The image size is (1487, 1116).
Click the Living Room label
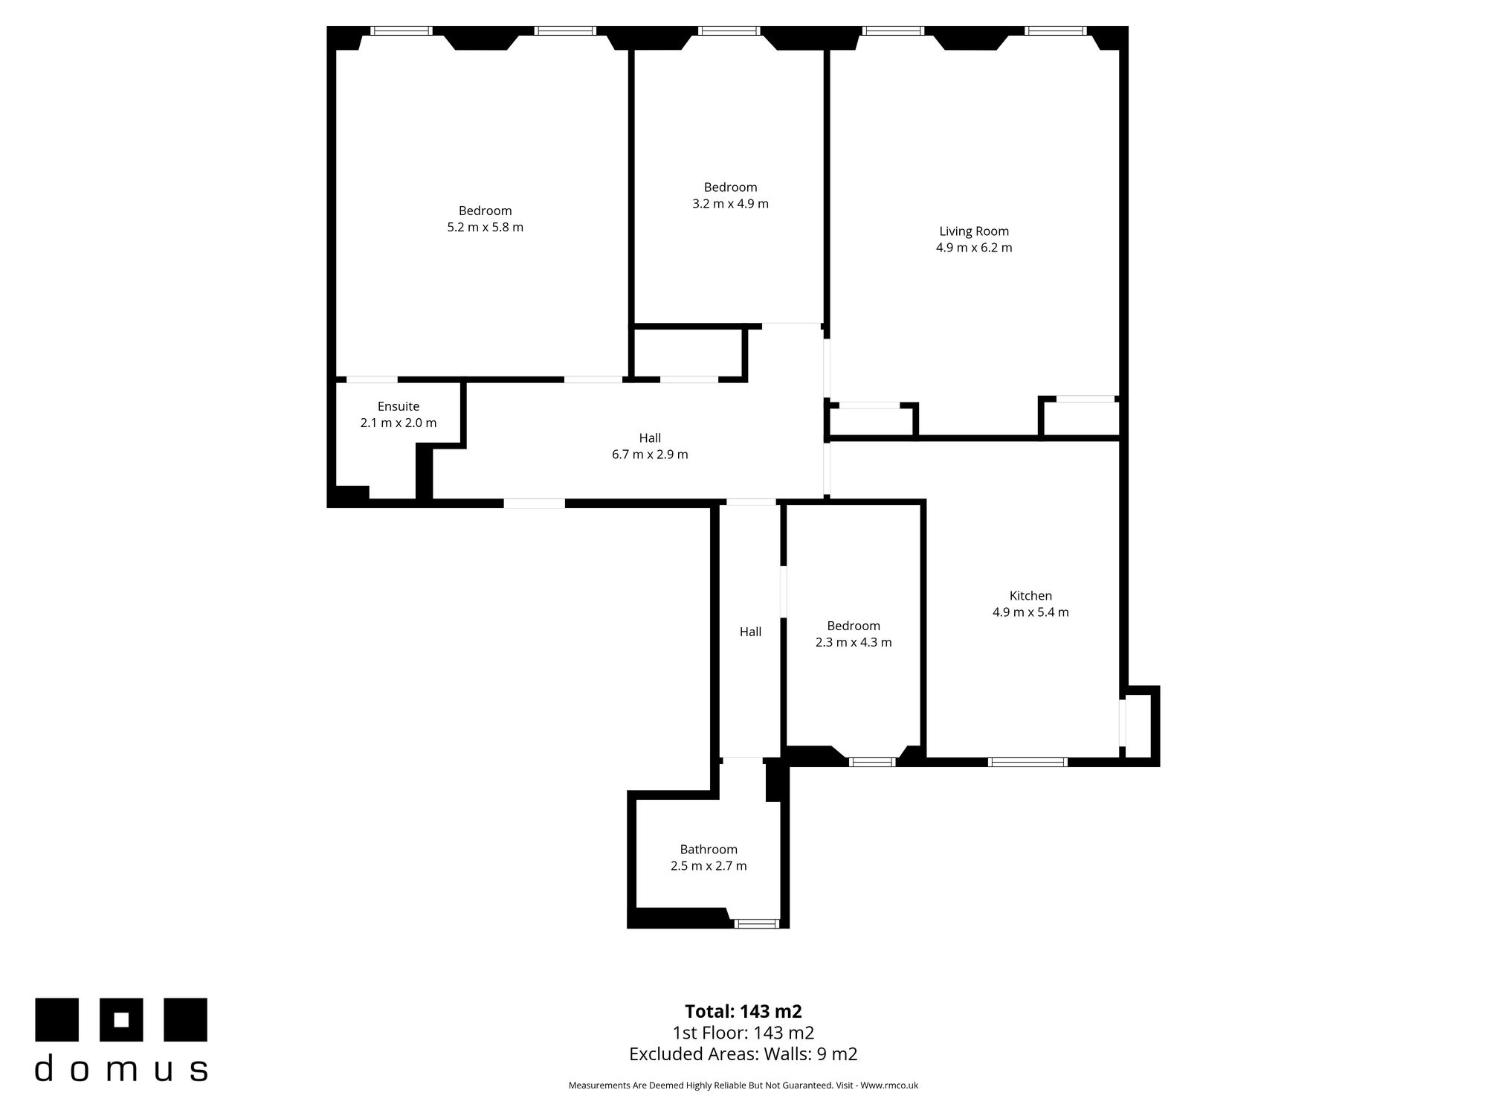click(x=974, y=231)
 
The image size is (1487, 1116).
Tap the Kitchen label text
click(x=1030, y=596)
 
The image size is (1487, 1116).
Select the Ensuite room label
click(x=399, y=407)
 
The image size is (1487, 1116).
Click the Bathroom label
click(x=709, y=850)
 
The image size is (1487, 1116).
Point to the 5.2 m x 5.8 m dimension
click(x=485, y=228)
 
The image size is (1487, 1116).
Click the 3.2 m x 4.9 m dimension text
click(x=730, y=204)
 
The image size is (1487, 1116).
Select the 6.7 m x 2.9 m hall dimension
click(x=650, y=455)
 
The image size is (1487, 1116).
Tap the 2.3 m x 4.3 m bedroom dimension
click(x=854, y=643)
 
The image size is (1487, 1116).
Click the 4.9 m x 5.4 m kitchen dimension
click(x=1030, y=613)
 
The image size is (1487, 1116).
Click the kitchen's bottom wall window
click(x=1028, y=762)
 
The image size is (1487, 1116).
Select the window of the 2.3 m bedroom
click(x=872, y=762)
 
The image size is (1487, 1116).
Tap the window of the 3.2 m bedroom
click(x=729, y=31)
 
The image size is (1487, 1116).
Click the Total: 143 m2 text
click(x=743, y=1012)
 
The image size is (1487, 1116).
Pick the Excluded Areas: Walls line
click(x=743, y=1054)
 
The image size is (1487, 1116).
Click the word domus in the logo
click(x=121, y=1068)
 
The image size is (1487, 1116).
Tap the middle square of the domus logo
click(x=122, y=1019)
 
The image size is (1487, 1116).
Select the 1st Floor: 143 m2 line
click(x=743, y=1033)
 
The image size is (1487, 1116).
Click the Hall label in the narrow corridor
click(x=750, y=632)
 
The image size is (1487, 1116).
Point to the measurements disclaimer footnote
click(x=743, y=1085)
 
